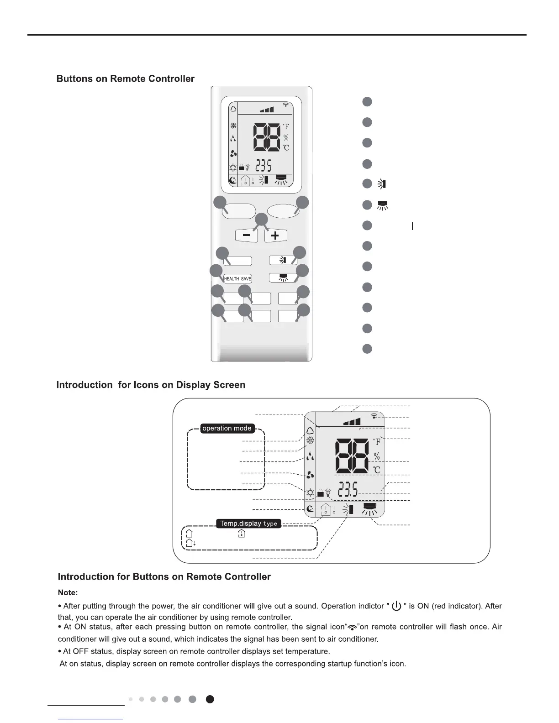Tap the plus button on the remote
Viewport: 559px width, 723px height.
tap(275, 236)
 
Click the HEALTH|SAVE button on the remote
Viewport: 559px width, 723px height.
tap(237, 279)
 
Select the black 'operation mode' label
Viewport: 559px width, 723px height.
tap(227, 428)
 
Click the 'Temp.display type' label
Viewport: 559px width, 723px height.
tap(248, 524)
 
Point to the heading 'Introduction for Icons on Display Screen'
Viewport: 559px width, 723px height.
tap(151, 385)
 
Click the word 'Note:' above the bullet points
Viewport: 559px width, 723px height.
tap(68, 592)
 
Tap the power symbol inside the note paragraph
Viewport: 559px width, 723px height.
tap(396, 606)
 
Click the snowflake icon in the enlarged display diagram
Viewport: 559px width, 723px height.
tap(310, 440)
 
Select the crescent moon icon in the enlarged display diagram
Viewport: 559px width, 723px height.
tap(310, 509)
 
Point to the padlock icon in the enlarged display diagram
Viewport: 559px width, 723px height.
tap(320, 493)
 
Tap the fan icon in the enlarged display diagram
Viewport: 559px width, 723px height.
tap(310, 475)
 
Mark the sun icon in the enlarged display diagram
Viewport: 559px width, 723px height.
tap(310, 492)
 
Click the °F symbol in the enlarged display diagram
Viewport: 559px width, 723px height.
tap(377, 441)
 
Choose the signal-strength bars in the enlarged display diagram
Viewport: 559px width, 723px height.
tap(352, 421)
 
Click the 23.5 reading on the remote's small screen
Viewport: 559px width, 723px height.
tap(264, 165)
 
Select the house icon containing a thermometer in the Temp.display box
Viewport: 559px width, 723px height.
tap(242, 533)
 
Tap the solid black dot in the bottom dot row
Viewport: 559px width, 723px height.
tap(210, 699)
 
